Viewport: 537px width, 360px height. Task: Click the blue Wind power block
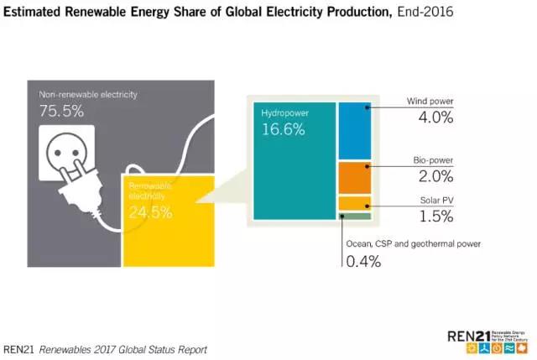tap(355, 131)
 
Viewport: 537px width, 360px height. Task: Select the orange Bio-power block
tap(355, 177)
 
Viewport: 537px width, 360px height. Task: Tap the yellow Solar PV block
tap(355, 203)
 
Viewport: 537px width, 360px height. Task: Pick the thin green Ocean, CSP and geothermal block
tap(355, 216)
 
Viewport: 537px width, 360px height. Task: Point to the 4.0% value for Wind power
tap(435, 117)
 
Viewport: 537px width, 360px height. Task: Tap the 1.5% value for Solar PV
tap(435, 217)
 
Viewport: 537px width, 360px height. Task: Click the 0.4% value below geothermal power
tap(363, 261)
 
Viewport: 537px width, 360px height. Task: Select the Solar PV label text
tap(436, 201)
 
